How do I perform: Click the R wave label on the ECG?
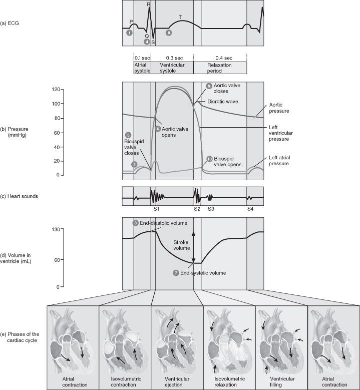[x=149, y=4]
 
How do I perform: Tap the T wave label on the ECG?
[x=180, y=17]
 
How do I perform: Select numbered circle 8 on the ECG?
[x=169, y=33]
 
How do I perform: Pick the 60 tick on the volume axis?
[x=58, y=259]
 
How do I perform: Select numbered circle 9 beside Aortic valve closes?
[x=209, y=86]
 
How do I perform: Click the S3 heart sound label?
[x=212, y=208]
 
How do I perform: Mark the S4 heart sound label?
[x=250, y=208]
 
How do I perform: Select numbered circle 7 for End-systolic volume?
[x=176, y=273]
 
